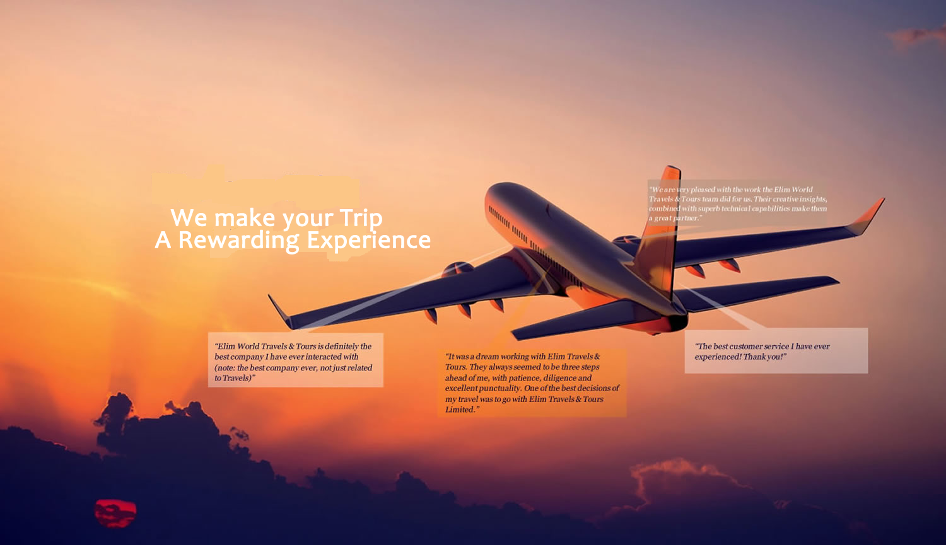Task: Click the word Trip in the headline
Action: pos(361,219)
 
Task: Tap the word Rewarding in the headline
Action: pos(238,241)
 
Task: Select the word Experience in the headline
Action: pos(369,241)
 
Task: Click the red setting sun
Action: pos(115,513)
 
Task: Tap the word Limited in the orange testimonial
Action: pos(460,410)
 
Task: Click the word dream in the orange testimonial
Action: pos(486,357)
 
